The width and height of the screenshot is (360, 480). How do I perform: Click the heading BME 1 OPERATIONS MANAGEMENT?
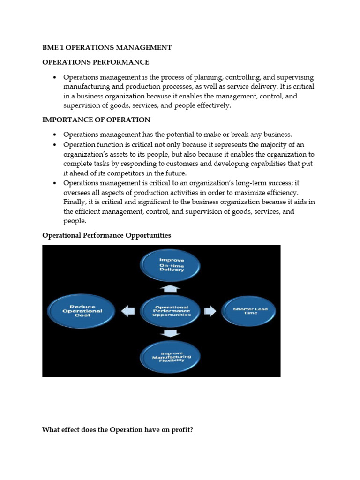click(107, 47)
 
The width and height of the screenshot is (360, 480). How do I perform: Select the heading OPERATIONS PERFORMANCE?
click(96, 62)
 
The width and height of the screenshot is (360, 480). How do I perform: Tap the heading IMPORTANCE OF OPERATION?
click(96, 120)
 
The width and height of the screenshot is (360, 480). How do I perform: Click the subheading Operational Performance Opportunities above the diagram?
click(106, 235)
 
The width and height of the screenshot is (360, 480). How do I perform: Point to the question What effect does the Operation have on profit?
click(117, 429)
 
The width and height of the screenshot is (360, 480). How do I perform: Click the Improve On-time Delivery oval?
click(172, 265)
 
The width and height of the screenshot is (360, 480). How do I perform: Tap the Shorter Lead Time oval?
click(248, 311)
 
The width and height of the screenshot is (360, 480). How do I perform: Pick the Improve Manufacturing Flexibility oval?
click(172, 357)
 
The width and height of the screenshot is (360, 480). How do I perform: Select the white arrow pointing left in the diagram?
click(128, 311)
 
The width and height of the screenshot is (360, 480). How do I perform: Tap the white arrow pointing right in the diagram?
click(210, 311)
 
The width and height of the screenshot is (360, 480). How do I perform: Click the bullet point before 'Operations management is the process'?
click(55, 77)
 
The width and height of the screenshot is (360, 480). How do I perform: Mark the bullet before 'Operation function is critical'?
click(55, 145)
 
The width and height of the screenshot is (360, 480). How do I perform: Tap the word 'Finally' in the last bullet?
click(75, 202)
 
